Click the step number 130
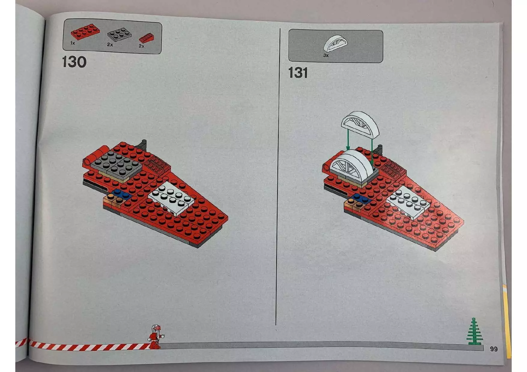pyautogui.click(x=74, y=62)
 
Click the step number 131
pyautogui.click(x=298, y=73)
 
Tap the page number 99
pyautogui.click(x=494, y=349)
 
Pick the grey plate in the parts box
pyautogui.click(x=119, y=35)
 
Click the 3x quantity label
pyautogui.click(x=326, y=55)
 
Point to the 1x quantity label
pyautogui.click(x=72, y=43)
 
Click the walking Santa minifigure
pyautogui.click(x=155, y=337)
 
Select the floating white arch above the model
pyautogui.click(x=360, y=125)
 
